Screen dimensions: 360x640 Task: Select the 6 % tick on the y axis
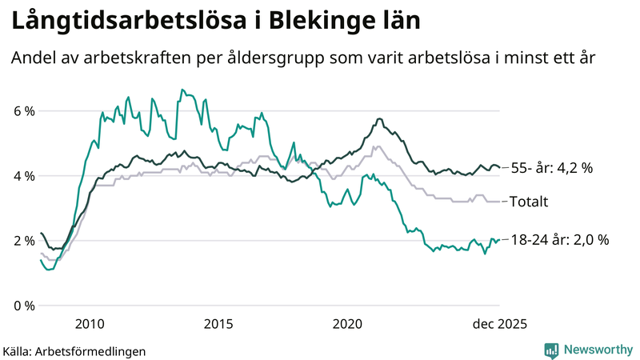coord(23,111)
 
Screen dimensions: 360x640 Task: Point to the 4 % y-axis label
coord(23,176)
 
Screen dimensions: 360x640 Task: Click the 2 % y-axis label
coord(23,241)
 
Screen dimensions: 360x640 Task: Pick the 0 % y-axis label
coord(23,306)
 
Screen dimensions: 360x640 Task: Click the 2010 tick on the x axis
coord(90,323)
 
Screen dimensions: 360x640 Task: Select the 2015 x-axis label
coord(218,323)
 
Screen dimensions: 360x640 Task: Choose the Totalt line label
coord(529,202)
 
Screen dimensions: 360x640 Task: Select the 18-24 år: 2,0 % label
coord(559,239)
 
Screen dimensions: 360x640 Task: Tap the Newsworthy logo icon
coord(551,350)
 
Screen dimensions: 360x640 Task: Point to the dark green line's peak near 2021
coord(378,119)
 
